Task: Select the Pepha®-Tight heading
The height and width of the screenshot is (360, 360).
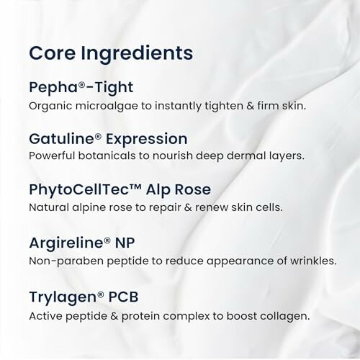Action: pos(81,88)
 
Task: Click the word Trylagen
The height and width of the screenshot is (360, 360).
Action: pos(58,296)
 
